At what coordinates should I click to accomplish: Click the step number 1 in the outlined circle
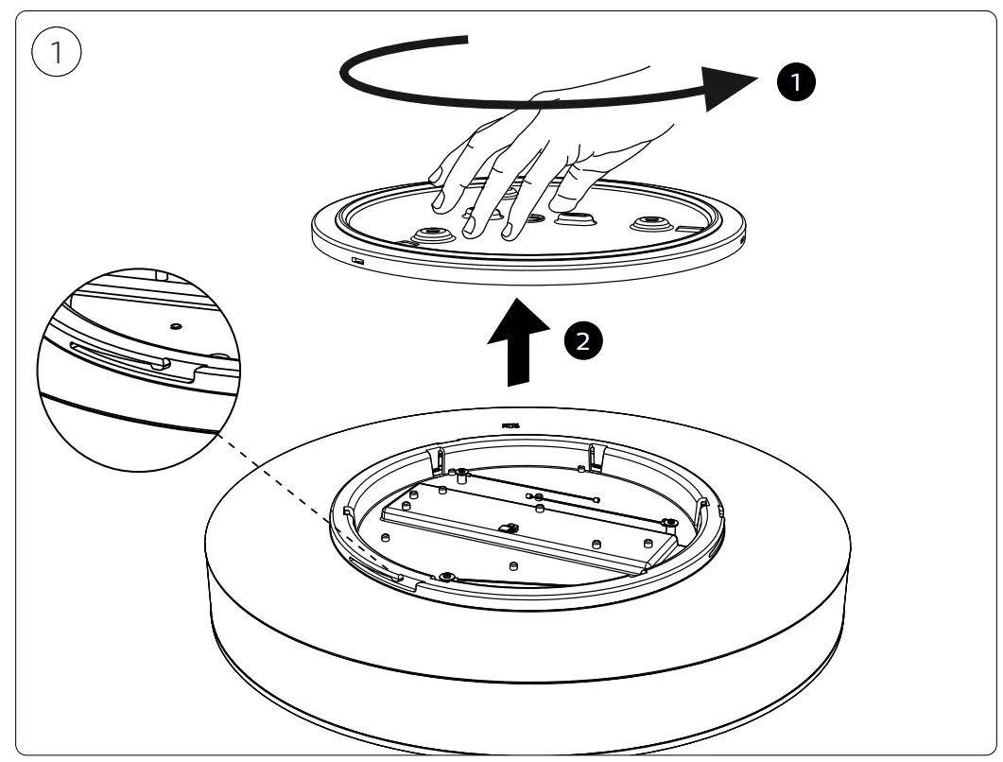coord(56,53)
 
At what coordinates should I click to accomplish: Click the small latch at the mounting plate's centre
coord(509,528)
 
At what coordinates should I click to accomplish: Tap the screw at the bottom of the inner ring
coord(445,577)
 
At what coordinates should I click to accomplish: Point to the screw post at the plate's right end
coord(670,524)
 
